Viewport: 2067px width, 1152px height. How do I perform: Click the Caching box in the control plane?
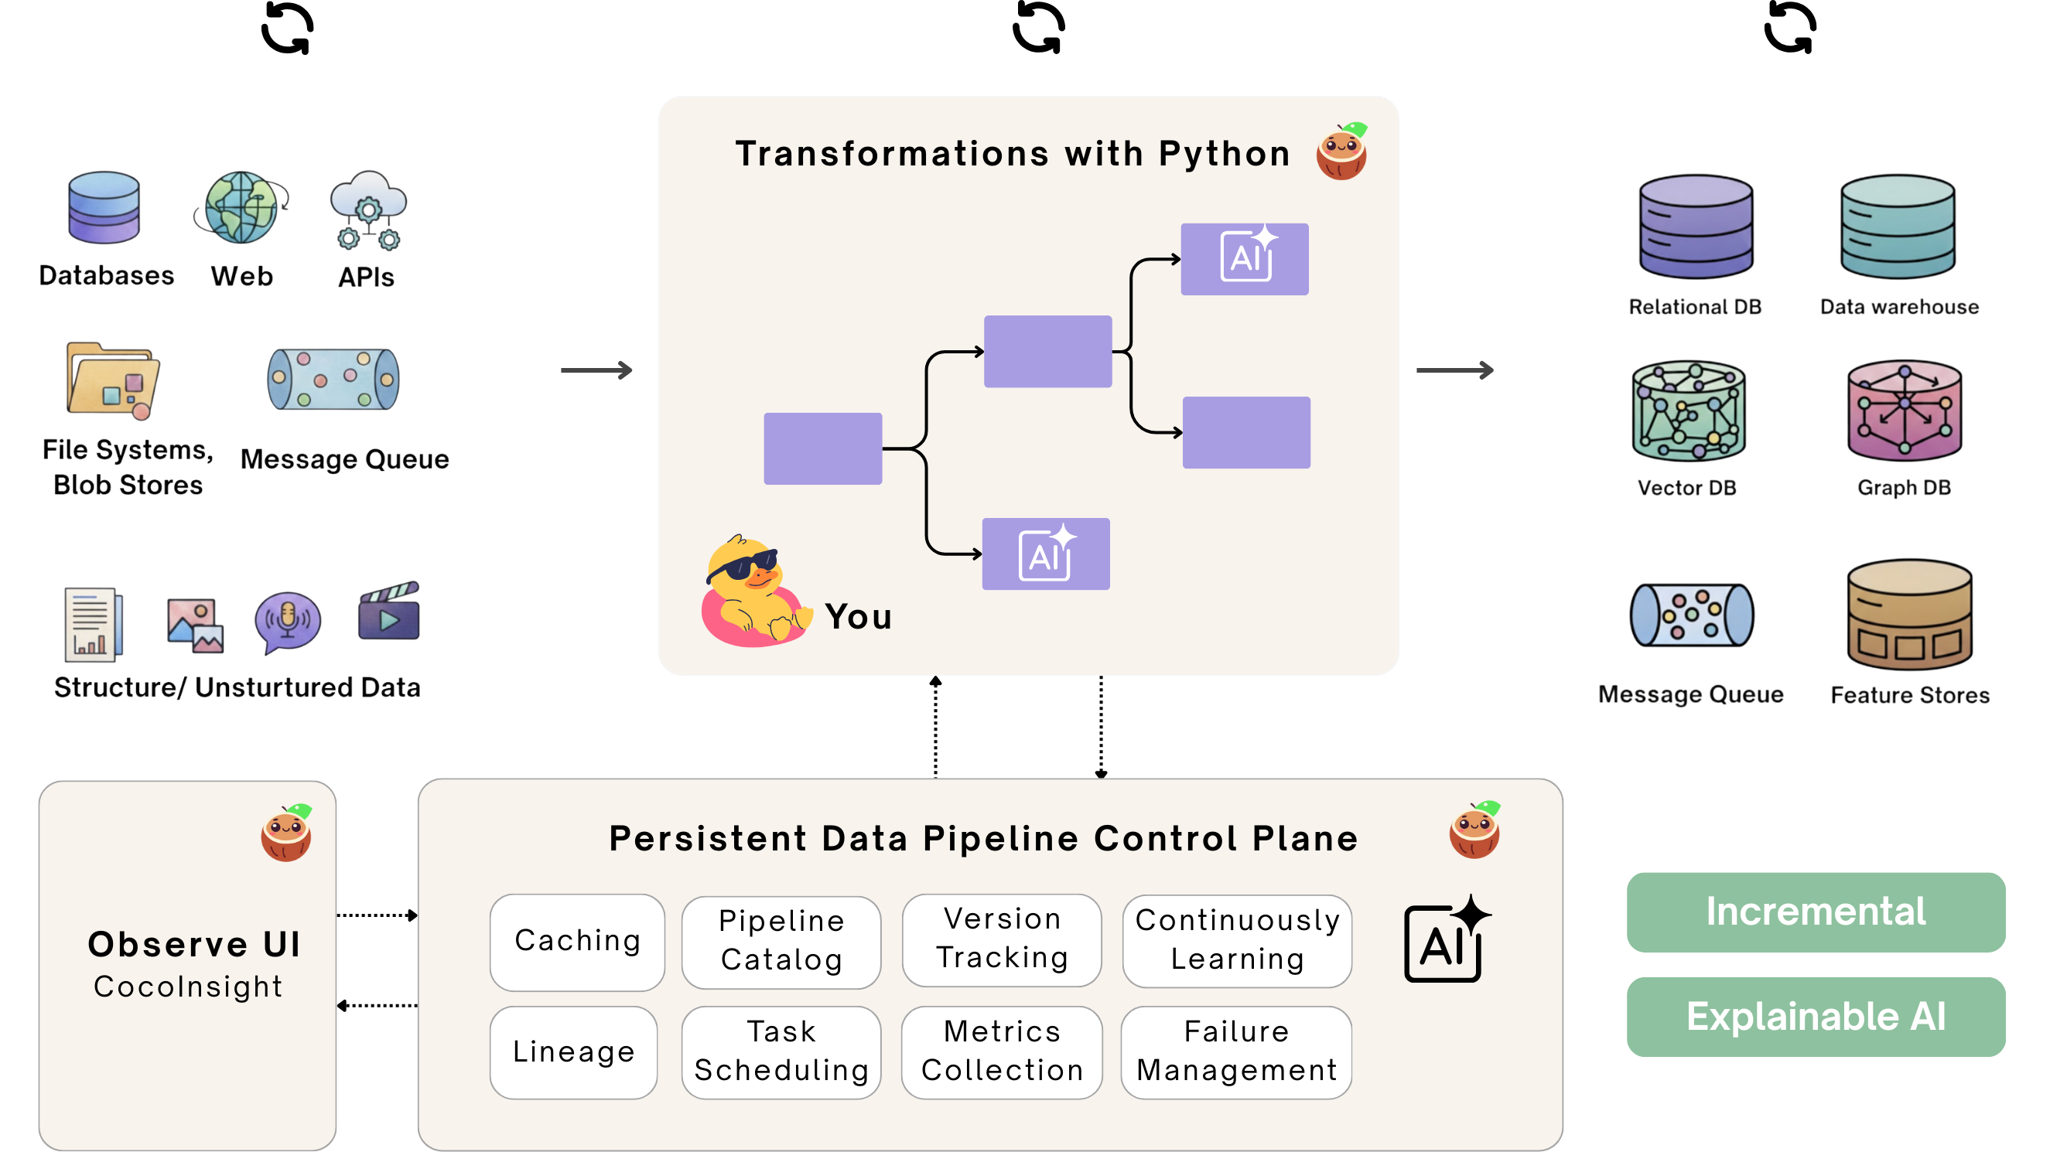[x=577, y=942]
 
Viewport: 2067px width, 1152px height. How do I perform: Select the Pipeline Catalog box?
[x=781, y=942]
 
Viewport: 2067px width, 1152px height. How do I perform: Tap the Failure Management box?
[x=1235, y=1051]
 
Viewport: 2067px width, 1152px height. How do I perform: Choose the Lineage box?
[x=573, y=1051]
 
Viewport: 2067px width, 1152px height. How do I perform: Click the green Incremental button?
[x=1815, y=912]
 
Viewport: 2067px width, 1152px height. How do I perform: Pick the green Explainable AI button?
[x=1815, y=1017]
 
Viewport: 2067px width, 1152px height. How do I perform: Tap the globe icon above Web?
[x=241, y=207]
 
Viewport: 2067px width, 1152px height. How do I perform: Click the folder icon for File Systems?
[x=112, y=380]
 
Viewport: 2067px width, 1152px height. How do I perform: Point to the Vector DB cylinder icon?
[x=1688, y=411]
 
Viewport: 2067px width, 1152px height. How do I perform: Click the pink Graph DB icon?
[x=1904, y=411]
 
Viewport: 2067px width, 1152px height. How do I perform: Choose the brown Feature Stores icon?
[x=1909, y=615]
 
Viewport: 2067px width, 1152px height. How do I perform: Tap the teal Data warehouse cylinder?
[x=1897, y=227]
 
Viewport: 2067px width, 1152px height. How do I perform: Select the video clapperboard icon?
[x=389, y=612]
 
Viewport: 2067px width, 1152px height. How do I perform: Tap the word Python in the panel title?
[x=1224, y=154]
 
